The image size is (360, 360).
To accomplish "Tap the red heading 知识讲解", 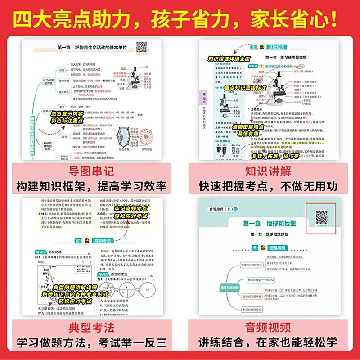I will (x=269, y=171).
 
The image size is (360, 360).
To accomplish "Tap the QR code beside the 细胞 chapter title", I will (x=142, y=47).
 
